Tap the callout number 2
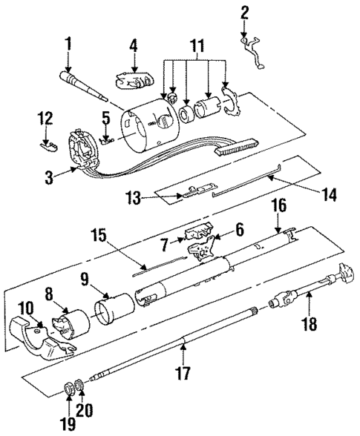[245, 12]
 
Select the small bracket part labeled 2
[255, 53]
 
